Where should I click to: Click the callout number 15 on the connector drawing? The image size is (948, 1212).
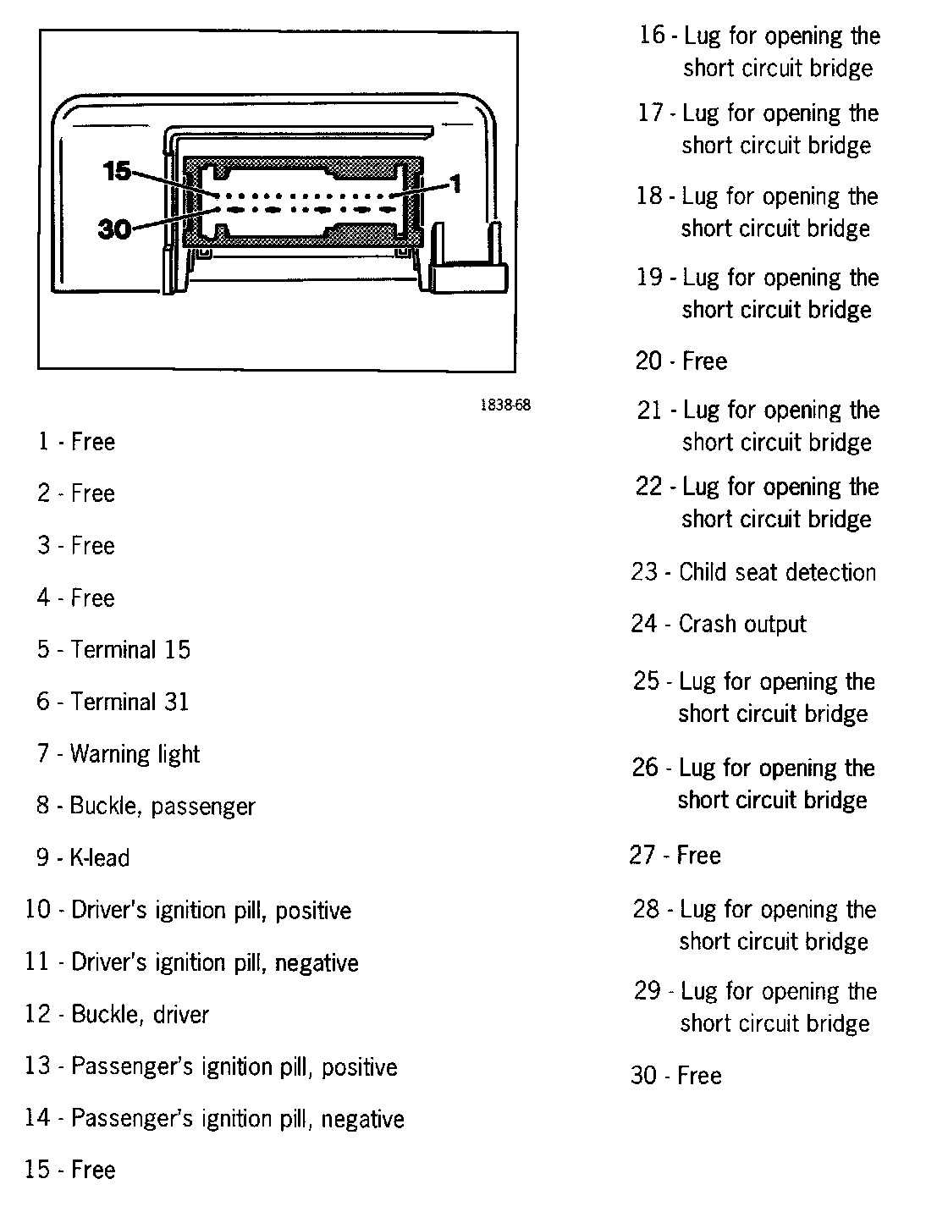pos(117,172)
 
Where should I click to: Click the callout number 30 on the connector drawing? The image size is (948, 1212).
pos(115,229)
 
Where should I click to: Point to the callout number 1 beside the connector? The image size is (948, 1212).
pos(455,184)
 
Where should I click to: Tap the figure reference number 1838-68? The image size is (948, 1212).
pos(505,405)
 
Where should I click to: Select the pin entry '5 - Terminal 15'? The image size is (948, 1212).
pos(113,650)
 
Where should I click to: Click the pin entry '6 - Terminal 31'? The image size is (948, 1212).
pos(113,702)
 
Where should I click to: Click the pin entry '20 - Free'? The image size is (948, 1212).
pos(681,361)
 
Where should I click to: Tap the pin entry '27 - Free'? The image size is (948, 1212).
pos(675,855)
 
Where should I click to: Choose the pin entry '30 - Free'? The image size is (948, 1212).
pos(675,1076)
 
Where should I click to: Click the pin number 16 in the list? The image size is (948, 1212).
pos(653,36)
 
